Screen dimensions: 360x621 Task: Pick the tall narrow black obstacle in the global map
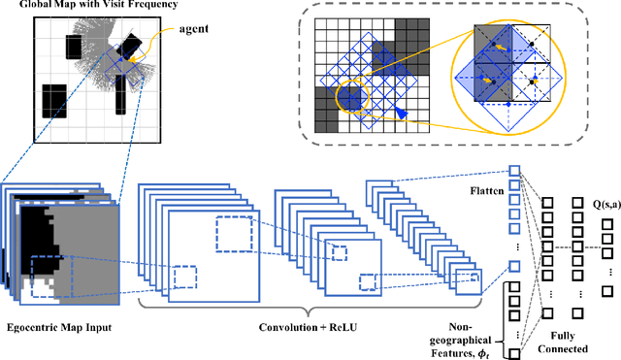[119, 95]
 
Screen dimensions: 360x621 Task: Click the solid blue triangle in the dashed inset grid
[403, 115]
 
